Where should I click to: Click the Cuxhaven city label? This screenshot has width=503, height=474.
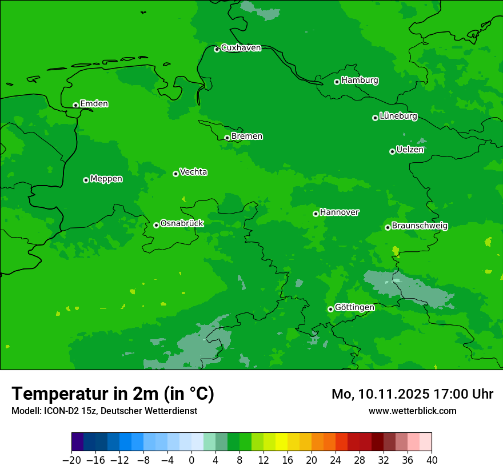pos(241,48)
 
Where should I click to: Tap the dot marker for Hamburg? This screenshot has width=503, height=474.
pos(337,82)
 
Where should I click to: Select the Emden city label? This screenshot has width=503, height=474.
pos(94,104)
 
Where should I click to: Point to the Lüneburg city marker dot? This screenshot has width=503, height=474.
pos(376,118)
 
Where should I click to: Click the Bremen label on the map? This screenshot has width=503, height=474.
pos(247,136)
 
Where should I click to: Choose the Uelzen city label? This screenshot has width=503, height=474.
pos(410,150)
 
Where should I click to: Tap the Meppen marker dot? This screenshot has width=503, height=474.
pos(86,180)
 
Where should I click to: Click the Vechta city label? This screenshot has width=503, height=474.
pos(193,172)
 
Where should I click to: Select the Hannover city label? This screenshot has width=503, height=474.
pos(340,212)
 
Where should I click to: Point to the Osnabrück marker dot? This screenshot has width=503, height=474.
pos(157,225)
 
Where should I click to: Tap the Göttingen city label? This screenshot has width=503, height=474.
pos(354,308)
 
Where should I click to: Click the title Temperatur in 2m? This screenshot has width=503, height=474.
pos(113,393)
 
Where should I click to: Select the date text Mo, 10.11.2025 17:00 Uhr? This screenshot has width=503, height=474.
pos(412,394)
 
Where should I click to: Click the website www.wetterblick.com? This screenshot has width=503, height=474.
pos(412,411)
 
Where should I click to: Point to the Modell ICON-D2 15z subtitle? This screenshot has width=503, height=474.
pos(104,411)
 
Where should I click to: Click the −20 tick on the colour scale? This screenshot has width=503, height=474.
pos(71,460)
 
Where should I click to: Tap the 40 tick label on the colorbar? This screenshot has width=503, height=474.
pos(432,460)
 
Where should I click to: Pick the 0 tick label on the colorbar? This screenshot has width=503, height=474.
pos(191,460)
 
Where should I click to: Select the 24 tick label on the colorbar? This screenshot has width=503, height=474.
pos(336,460)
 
